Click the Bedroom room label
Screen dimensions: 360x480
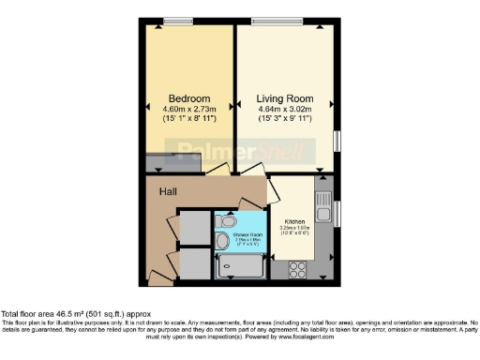tap(188, 98)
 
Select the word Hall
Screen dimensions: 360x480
tap(168, 191)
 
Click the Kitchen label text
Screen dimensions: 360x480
tap(294, 220)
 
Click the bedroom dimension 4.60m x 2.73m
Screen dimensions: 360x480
tap(188, 110)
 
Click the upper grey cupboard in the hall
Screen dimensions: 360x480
tap(193, 227)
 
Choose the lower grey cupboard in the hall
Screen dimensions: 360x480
tap(193, 263)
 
